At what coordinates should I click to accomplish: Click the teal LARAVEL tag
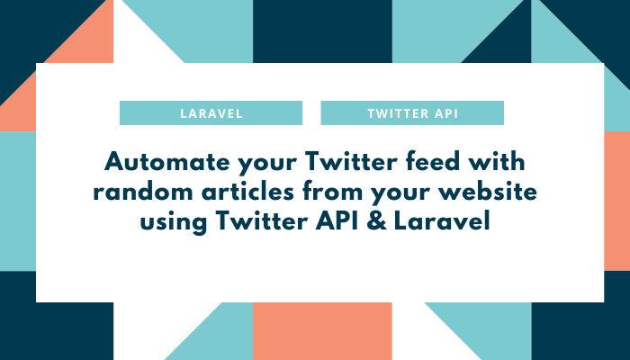coord(211,113)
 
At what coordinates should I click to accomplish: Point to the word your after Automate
coord(260,165)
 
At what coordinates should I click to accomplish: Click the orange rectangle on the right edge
coord(616,200)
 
